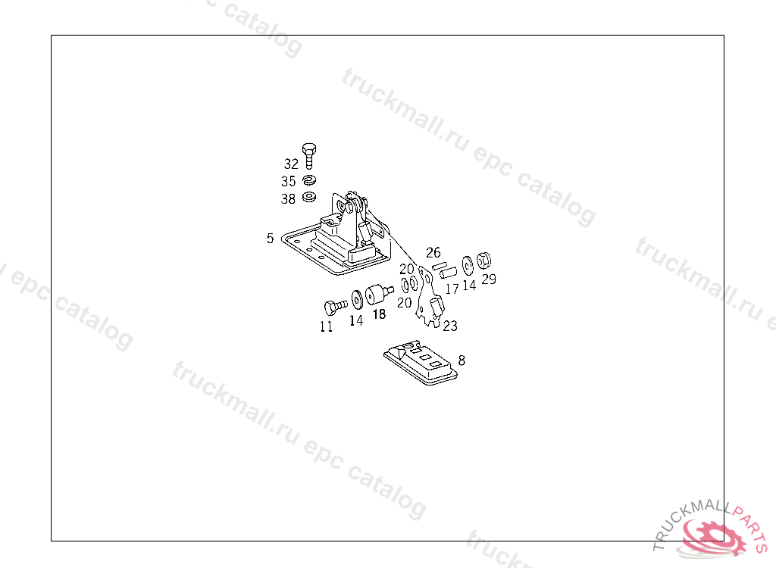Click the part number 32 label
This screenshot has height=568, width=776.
click(x=291, y=164)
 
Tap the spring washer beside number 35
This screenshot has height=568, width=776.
click(x=308, y=181)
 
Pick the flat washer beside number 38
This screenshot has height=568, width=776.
click(x=308, y=198)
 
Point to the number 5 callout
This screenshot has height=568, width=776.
click(x=270, y=239)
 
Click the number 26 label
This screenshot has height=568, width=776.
click(x=433, y=252)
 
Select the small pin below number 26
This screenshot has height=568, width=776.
click(x=437, y=265)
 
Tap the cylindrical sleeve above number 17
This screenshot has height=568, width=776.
click(x=451, y=270)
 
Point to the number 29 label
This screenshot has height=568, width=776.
click(x=489, y=279)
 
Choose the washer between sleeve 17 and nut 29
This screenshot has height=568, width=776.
click(x=468, y=264)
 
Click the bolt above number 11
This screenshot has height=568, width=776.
click(x=333, y=307)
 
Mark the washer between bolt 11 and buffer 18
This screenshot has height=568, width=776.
click(x=356, y=300)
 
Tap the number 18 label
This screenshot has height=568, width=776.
click(x=379, y=314)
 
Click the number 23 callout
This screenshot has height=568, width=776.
click(x=450, y=326)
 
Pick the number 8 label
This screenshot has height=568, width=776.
click(x=462, y=360)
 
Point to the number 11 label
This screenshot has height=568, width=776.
click(x=326, y=327)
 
